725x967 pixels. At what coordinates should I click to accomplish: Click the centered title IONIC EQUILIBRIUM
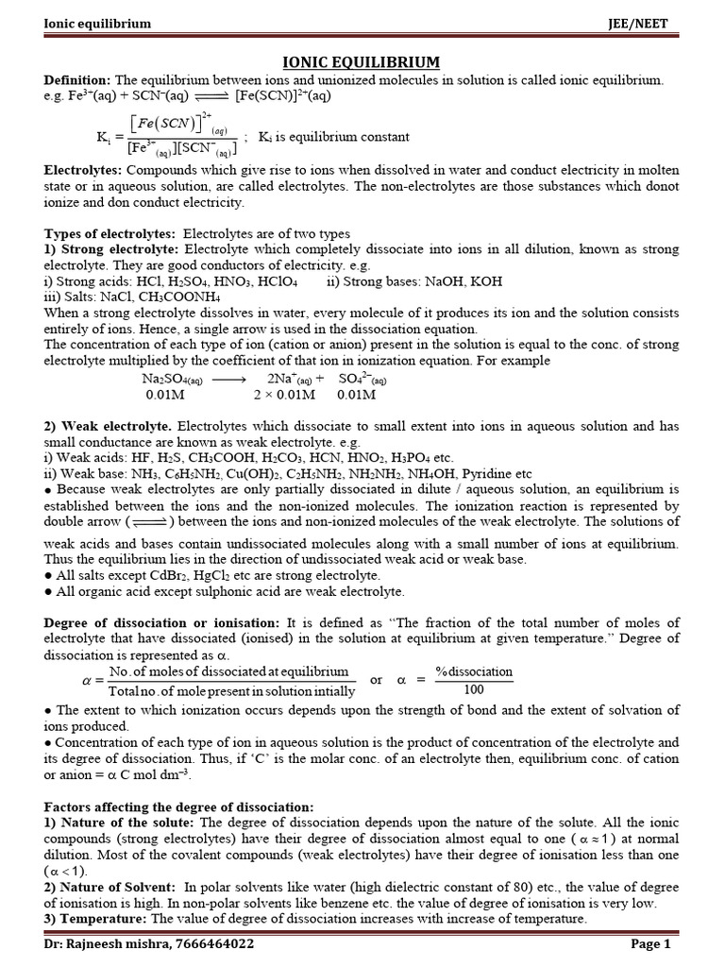point(362,61)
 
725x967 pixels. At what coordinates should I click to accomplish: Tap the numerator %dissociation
point(473,671)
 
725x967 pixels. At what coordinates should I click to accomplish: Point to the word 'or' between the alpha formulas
point(377,680)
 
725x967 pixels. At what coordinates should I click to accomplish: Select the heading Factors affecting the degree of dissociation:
point(178,807)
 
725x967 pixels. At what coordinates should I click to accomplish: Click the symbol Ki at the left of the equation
point(104,136)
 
